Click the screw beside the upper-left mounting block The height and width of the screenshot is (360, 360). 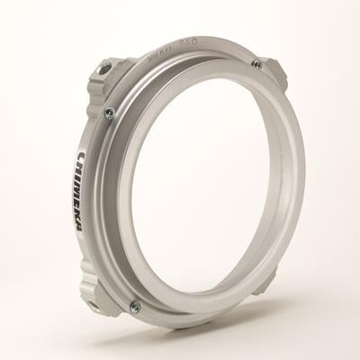110,112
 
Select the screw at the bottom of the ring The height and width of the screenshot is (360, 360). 135,307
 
